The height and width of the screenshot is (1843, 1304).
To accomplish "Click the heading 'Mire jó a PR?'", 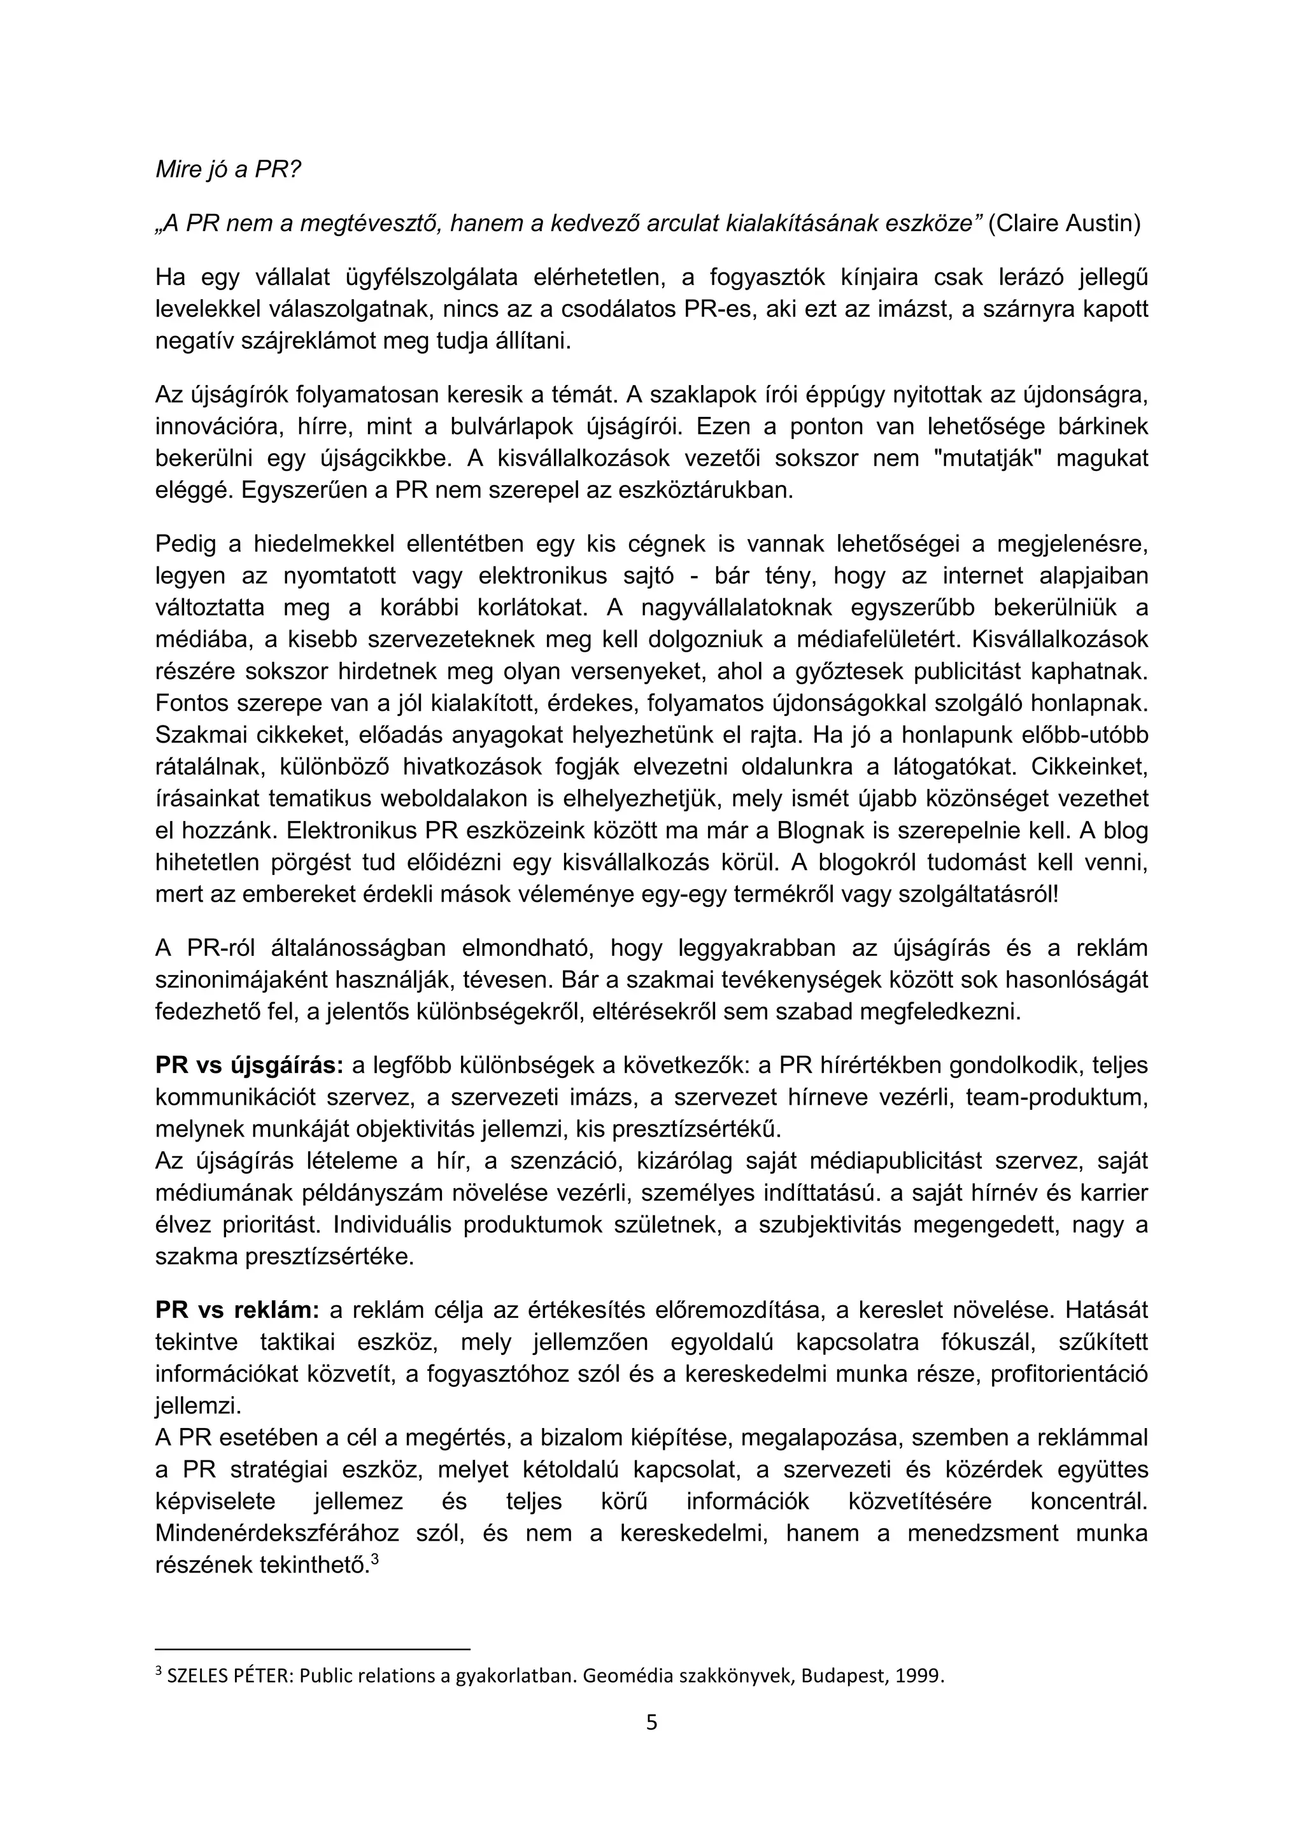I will click(227, 170).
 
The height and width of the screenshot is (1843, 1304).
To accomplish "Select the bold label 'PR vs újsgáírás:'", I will click(249, 1065).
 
